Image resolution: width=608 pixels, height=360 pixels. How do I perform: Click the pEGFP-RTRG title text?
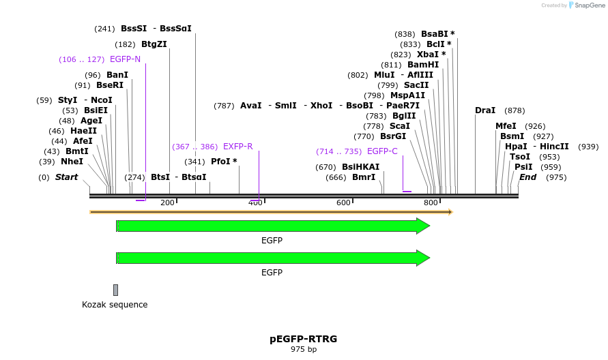point(303,339)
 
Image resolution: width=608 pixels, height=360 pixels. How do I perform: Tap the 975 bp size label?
point(303,350)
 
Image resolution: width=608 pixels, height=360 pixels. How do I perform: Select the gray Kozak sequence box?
point(116,290)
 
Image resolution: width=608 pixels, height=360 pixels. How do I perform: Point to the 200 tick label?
point(167,202)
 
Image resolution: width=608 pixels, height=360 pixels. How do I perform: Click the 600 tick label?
point(343,202)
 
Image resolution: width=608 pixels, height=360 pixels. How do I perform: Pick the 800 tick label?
point(431,202)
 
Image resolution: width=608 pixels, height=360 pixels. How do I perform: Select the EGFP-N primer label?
point(125,59)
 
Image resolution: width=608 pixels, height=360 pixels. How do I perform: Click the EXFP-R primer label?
point(238,147)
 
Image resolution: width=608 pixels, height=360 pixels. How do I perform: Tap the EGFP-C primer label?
point(382,151)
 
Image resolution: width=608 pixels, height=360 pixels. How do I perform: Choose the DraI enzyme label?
point(485,110)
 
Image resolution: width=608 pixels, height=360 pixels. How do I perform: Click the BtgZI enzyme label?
point(154,44)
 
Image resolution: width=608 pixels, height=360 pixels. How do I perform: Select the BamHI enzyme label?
point(423,65)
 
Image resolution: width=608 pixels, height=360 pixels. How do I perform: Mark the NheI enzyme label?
point(72,162)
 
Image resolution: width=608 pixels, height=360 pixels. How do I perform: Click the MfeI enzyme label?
point(506,126)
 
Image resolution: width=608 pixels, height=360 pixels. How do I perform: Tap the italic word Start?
point(67,177)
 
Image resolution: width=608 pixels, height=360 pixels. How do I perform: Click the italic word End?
point(528,177)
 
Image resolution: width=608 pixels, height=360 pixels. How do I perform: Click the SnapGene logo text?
point(588,5)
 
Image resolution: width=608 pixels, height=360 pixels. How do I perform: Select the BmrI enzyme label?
point(364,177)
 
